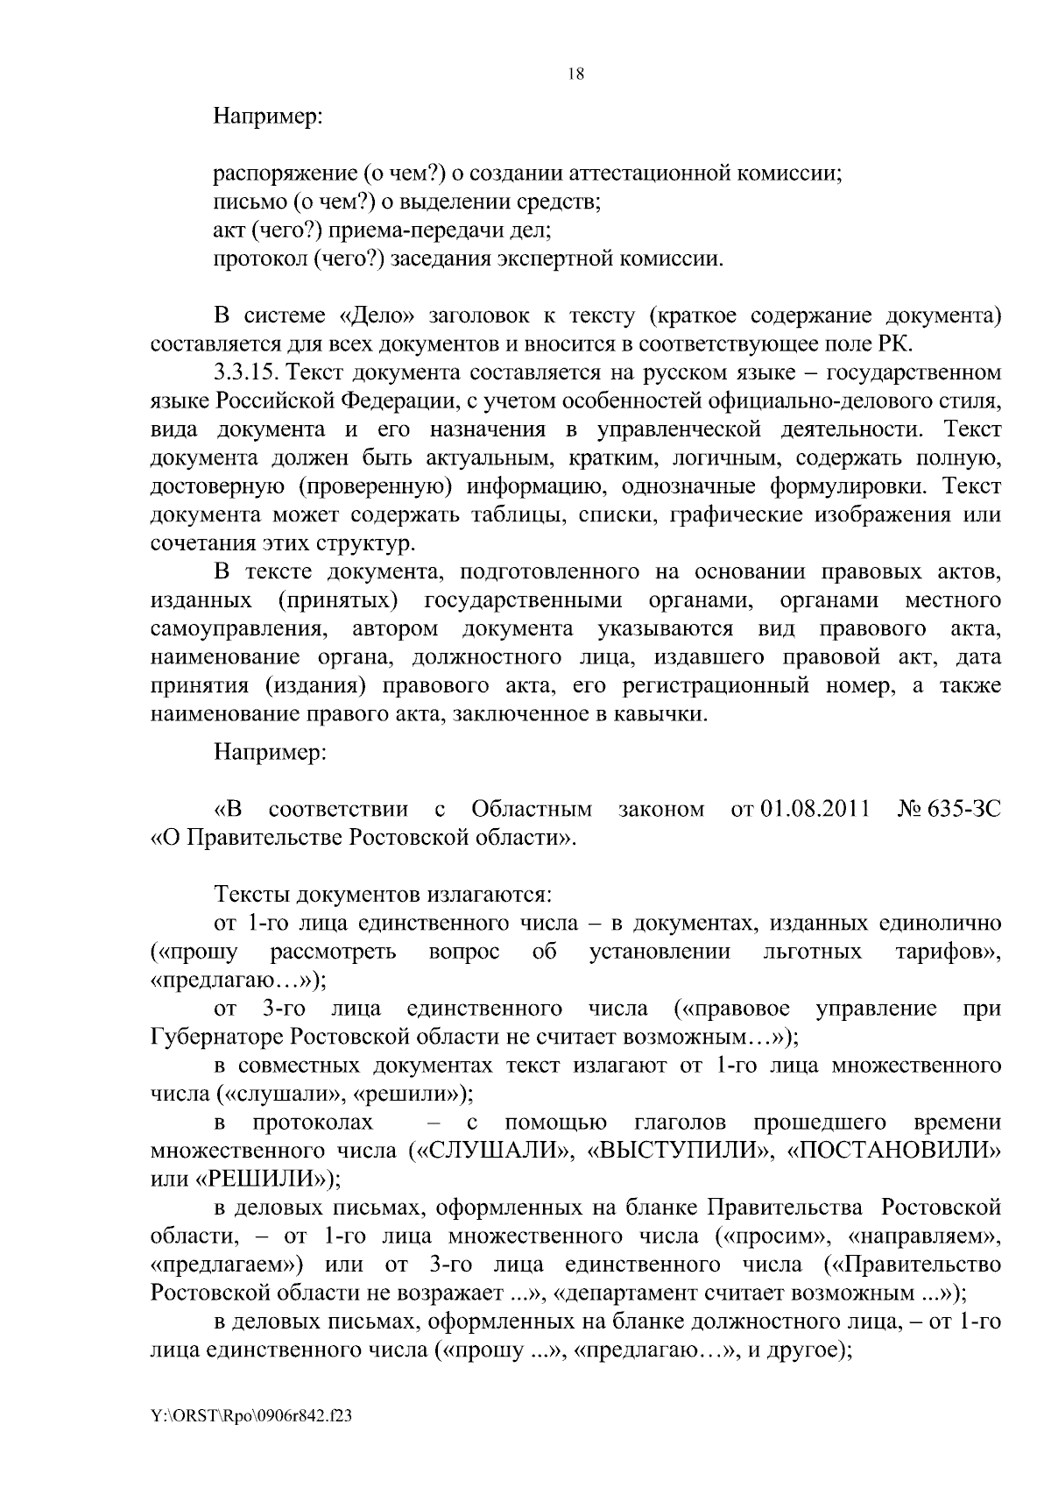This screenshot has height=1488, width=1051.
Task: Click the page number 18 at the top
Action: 575,74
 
